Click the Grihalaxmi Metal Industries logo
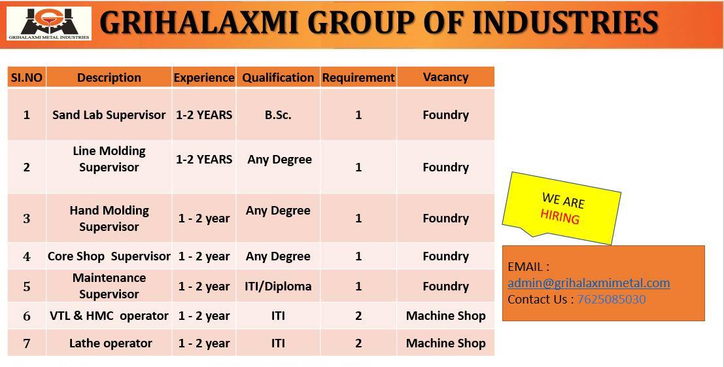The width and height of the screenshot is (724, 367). tap(49, 24)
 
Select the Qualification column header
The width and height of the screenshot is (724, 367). tap(278, 77)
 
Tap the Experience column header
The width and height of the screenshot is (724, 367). tap(204, 77)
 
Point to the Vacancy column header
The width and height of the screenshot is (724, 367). tap(445, 77)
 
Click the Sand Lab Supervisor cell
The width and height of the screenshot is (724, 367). tap(109, 114)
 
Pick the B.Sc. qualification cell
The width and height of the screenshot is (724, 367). tap(278, 114)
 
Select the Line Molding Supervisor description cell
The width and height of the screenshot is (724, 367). tap(109, 159)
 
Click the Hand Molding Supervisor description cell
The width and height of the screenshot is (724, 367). tap(109, 218)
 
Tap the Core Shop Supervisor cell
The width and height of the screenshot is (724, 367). tap(109, 256)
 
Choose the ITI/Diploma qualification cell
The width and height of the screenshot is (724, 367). tap(278, 287)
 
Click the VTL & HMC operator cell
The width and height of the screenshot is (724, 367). tap(109, 316)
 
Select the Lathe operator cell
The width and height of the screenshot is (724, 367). tap(110, 343)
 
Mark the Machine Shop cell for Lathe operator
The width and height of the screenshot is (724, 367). tap(445, 343)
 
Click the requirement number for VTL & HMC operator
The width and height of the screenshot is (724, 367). tap(358, 316)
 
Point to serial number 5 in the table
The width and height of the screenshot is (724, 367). tap(27, 287)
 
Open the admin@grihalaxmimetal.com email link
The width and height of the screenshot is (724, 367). tap(589, 283)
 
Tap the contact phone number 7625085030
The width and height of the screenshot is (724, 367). tap(611, 299)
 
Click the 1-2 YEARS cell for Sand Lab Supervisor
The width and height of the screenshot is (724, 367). tap(204, 114)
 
